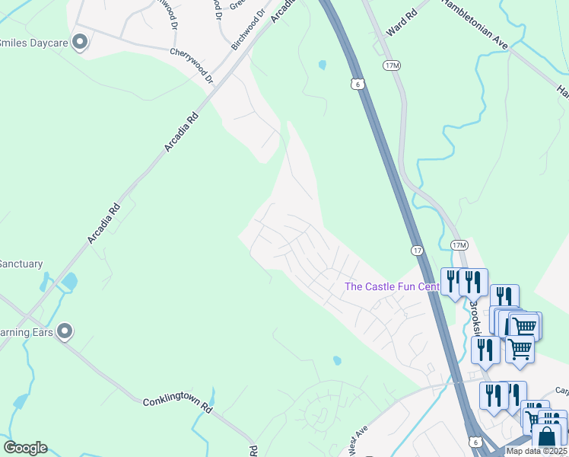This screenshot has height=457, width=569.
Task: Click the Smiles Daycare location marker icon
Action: tap(80, 43)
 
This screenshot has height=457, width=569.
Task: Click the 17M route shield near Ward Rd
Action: tap(392, 66)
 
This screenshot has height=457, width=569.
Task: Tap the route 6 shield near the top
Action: tap(358, 85)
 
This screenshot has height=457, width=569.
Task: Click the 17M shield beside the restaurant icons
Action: tap(458, 244)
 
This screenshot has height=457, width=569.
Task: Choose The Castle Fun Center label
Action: tap(392, 286)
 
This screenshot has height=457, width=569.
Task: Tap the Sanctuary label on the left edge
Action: tap(21, 264)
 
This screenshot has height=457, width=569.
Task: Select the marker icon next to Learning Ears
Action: tap(65, 331)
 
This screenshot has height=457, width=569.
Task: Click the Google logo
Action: tap(25, 448)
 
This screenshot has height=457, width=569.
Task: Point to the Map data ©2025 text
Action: tap(536, 451)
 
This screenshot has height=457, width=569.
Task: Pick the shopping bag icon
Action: tap(546, 437)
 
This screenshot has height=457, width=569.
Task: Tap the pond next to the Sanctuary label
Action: tap(69, 282)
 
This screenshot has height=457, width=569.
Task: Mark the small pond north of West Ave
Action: tap(337, 360)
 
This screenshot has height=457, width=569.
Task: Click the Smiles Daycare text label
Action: tap(34, 43)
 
